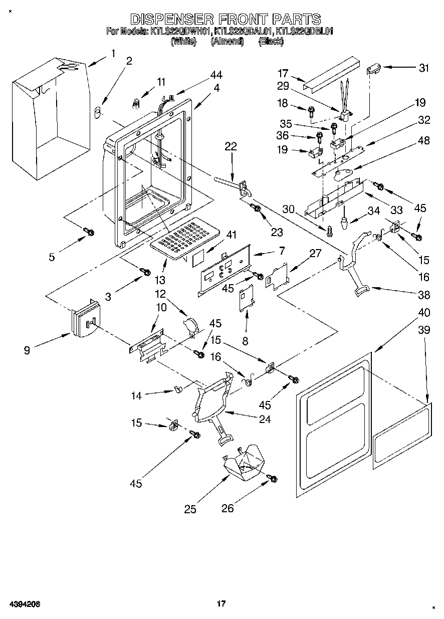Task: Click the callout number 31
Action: (424, 68)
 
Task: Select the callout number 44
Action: (216, 75)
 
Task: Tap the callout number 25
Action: (190, 509)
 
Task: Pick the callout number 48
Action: (424, 141)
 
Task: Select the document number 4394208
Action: (24, 604)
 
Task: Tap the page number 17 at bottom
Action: (220, 604)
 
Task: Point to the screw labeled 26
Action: (272, 479)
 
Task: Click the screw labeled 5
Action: (90, 231)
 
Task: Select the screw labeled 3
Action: (145, 271)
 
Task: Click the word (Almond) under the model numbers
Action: (227, 42)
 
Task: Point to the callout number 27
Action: (315, 254)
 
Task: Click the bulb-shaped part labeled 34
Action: (345, 222)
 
